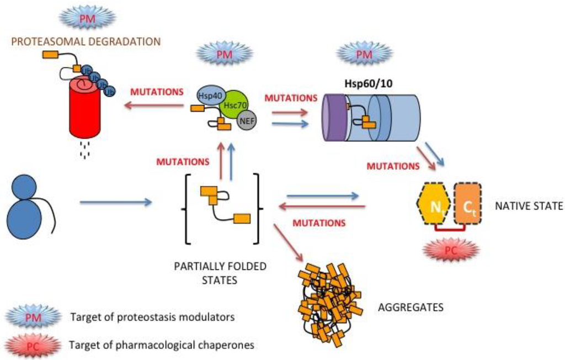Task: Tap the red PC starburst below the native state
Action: [x=451, y=249]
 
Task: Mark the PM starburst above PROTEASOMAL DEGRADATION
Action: [x=87, y=17]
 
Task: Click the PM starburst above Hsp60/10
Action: [x=365, y=53]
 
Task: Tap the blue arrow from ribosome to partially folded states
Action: [x=115, y=203]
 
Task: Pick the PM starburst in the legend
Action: [x=33, y=317]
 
